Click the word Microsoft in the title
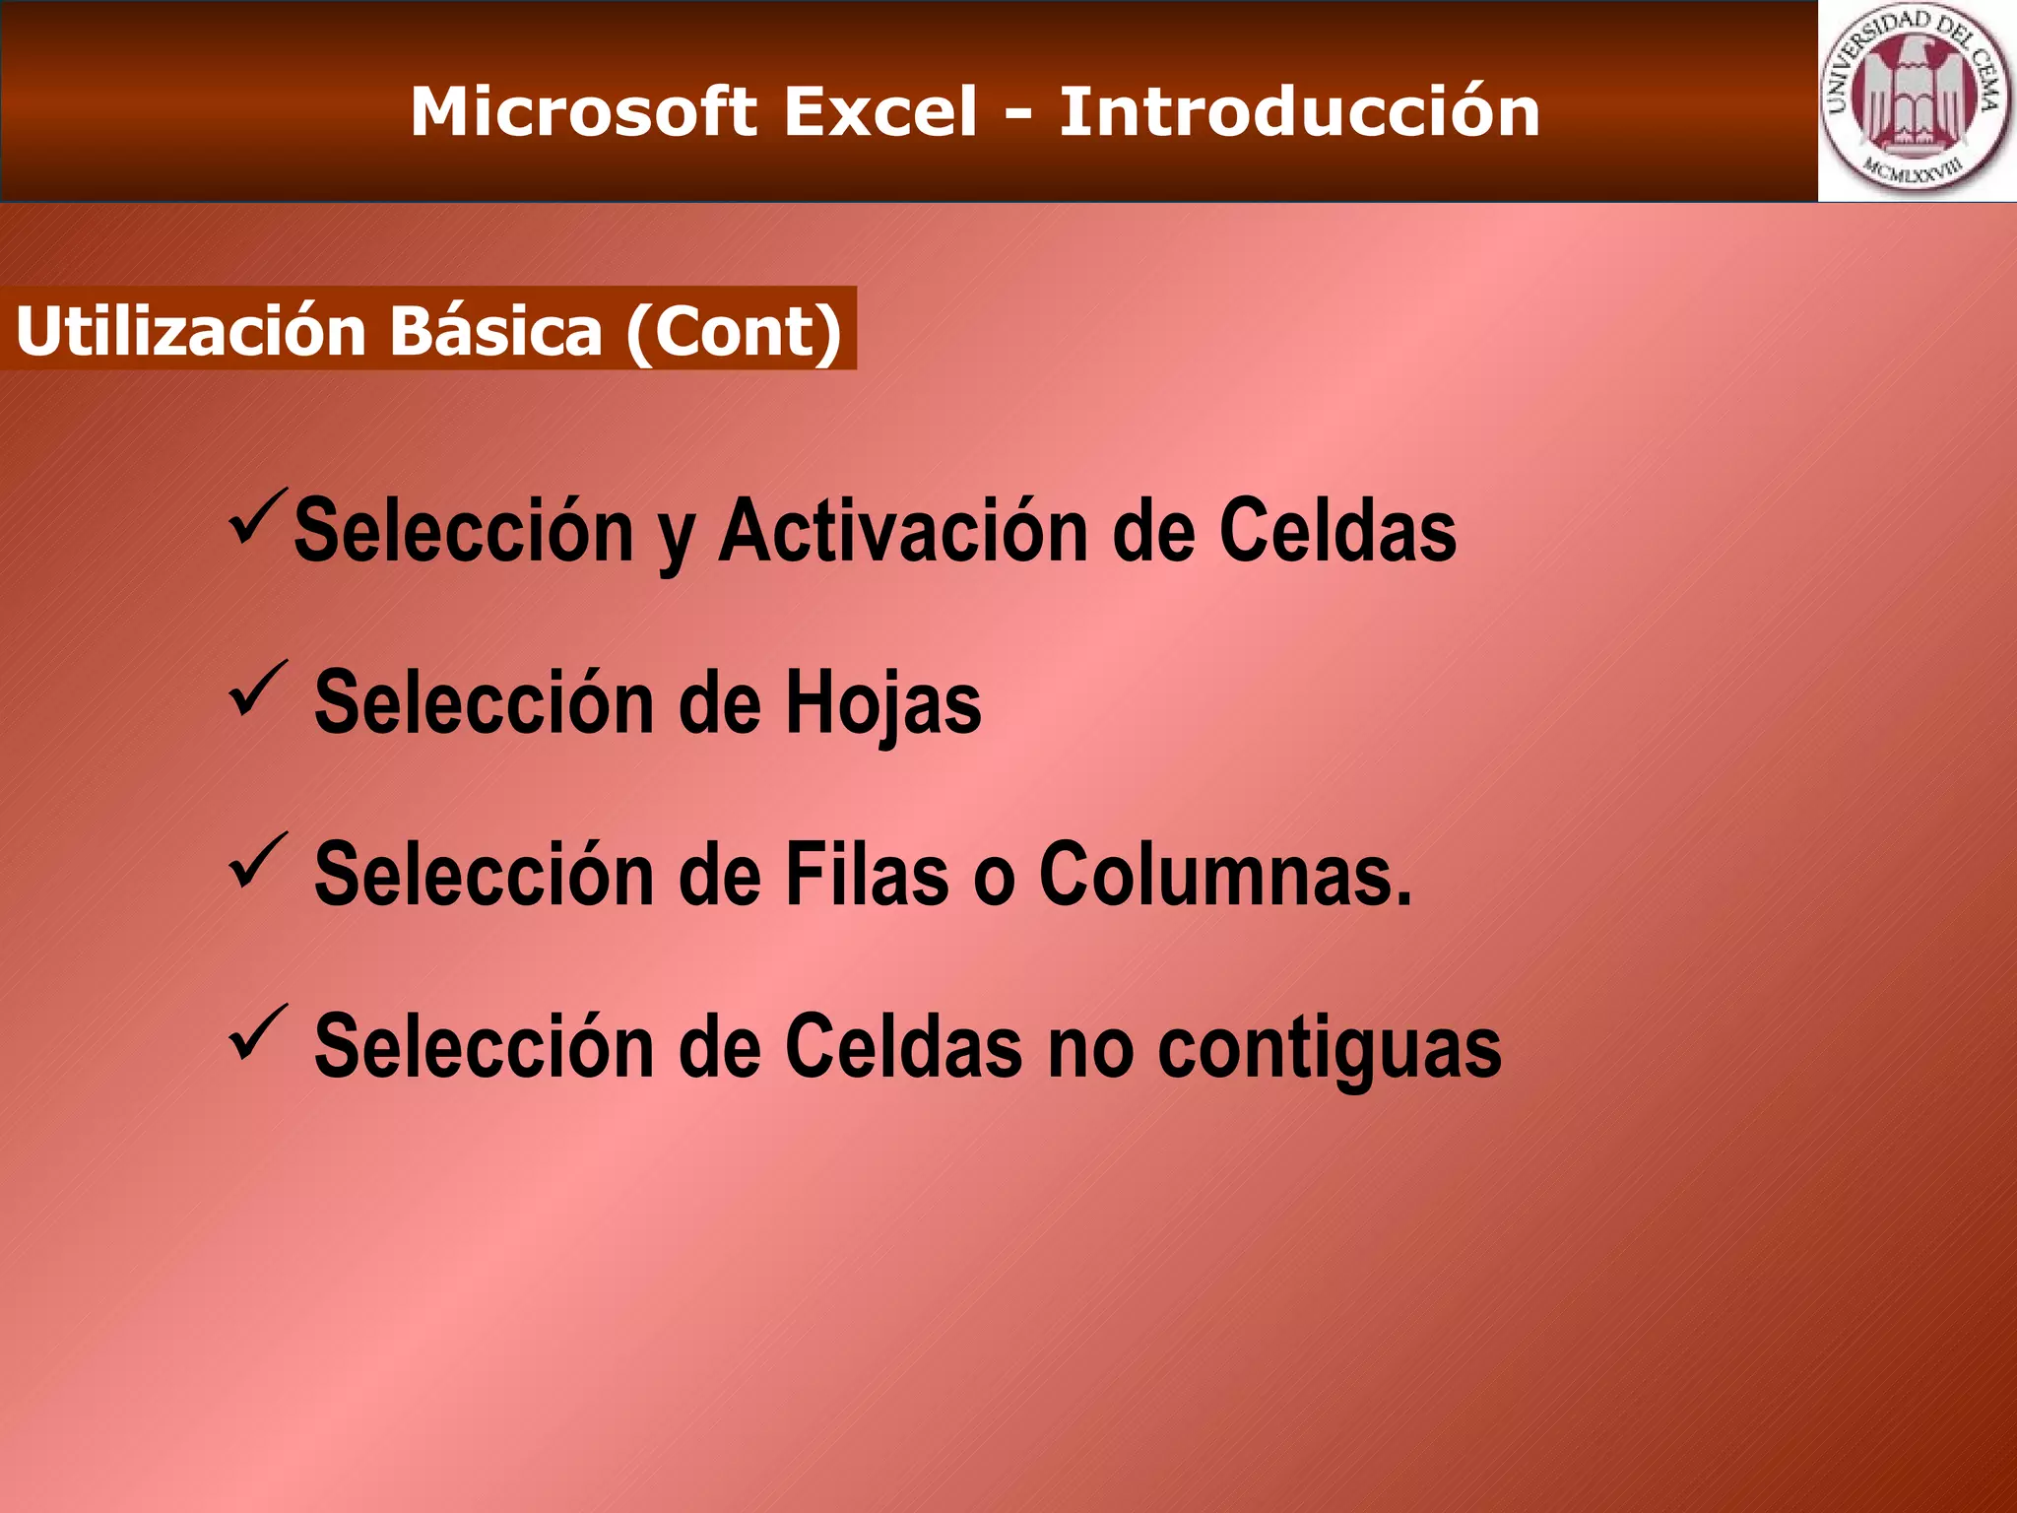click(583, 111)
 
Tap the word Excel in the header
click(880, 111)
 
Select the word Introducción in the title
click(1299, 111)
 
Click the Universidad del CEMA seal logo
click(1915, 99)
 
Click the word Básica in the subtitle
click(495, 331)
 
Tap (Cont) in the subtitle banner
click(734, 331)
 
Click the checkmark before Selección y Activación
click(258, 517)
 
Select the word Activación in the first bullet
click(903, 532)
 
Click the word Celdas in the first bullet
click(1337, 532)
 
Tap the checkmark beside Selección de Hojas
click(258, 689)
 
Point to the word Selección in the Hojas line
click(484, 703)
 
